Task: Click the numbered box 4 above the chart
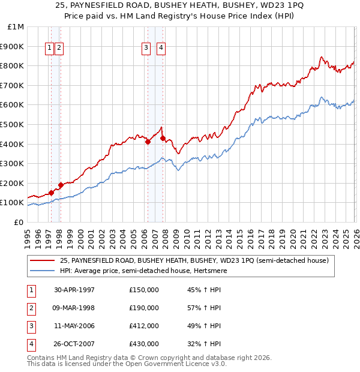[x=161, y=49]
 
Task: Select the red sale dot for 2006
[x=148, y=142]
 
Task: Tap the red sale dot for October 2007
[x=163, y=138]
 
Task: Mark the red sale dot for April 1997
[x=51, y=193]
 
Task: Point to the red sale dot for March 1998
[x=61, y=185]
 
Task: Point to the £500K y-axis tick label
[x=12, y=124]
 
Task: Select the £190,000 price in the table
[x=144, y=308]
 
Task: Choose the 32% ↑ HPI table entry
[x=204, y=344]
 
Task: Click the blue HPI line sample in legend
[x=43, y=271]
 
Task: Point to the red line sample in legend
[x=43, y=261]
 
